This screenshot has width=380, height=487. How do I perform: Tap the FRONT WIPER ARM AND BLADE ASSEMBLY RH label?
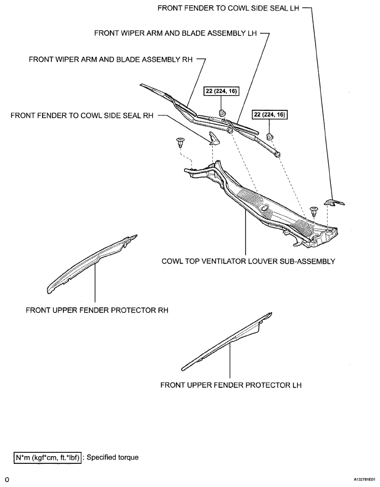[x=110, y=58]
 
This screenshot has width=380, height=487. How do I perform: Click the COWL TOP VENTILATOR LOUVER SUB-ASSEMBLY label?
[x=248, y=261]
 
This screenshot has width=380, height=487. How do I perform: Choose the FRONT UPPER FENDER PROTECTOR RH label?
[x=97, y=310]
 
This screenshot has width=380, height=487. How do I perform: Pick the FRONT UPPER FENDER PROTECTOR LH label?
[x=231, y=385]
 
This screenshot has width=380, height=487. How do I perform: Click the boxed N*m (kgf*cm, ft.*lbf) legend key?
[x=47, y=457]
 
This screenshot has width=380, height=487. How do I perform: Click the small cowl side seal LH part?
[x=333, y=202]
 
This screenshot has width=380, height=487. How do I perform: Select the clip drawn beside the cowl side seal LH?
[x=314, y=210]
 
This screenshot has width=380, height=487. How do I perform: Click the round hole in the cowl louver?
[x=265, y=208]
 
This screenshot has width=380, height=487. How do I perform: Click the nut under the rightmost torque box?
[x=270, y=136]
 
